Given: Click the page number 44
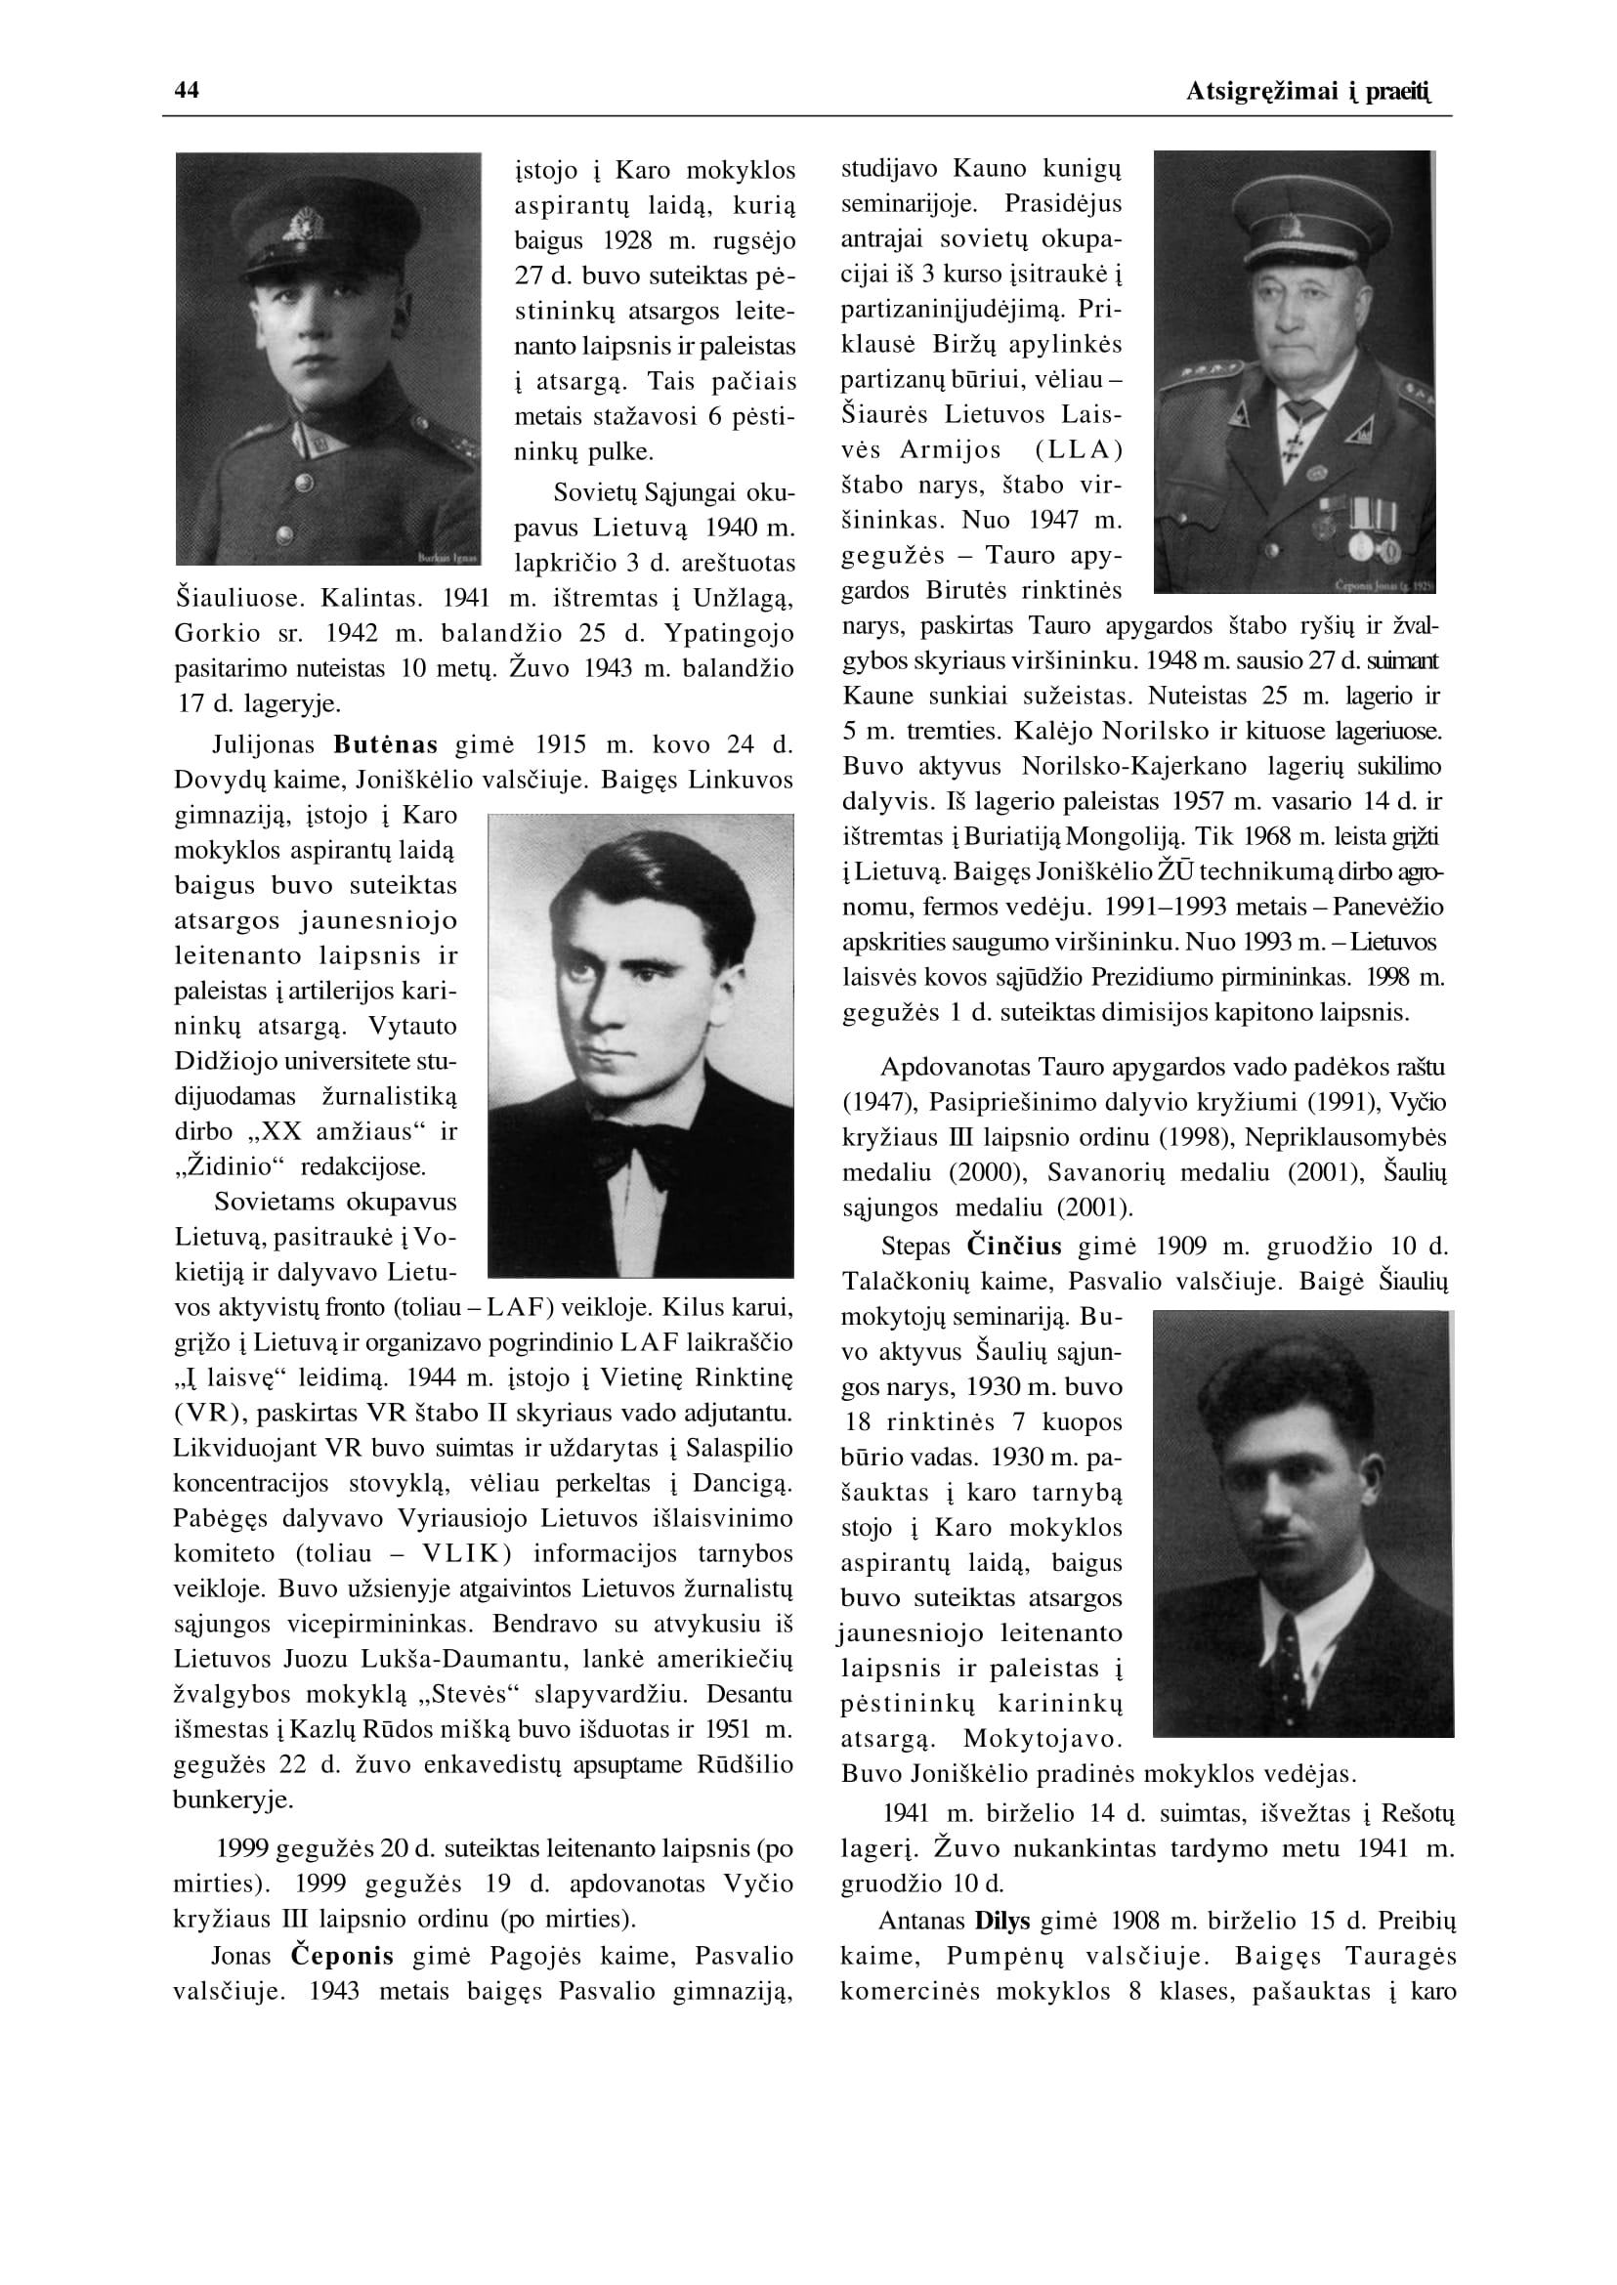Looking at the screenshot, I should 187,91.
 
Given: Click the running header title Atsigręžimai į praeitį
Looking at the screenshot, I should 1308,93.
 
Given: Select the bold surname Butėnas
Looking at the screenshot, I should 385,744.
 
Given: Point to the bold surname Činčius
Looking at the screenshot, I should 1013,1247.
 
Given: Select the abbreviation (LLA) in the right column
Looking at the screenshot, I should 1079,450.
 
